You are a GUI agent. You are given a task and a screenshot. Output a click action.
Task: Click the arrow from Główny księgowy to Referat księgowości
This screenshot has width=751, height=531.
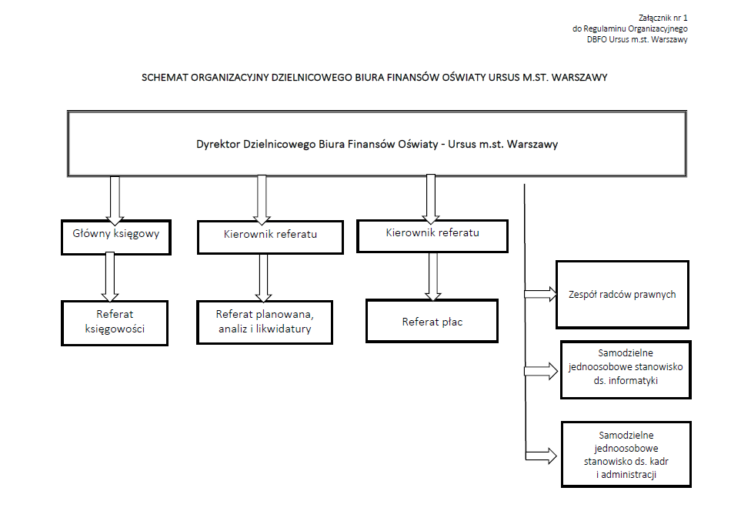(110, 277)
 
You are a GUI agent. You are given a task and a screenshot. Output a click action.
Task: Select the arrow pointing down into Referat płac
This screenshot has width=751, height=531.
(433, 276)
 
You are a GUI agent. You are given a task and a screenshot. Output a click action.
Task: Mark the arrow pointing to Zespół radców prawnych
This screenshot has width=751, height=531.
(541, 294)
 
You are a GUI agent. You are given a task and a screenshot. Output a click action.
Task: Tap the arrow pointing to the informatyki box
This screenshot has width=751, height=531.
(541, 371)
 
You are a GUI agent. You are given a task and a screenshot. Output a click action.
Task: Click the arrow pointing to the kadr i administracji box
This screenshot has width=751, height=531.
(541, 456)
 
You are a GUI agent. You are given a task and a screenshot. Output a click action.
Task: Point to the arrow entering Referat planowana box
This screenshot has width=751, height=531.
(263, 278)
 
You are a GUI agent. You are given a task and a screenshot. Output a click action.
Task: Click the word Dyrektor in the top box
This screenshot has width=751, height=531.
(218, 144)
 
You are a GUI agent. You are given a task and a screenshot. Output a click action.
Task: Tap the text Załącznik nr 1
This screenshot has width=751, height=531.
(663, 18)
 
